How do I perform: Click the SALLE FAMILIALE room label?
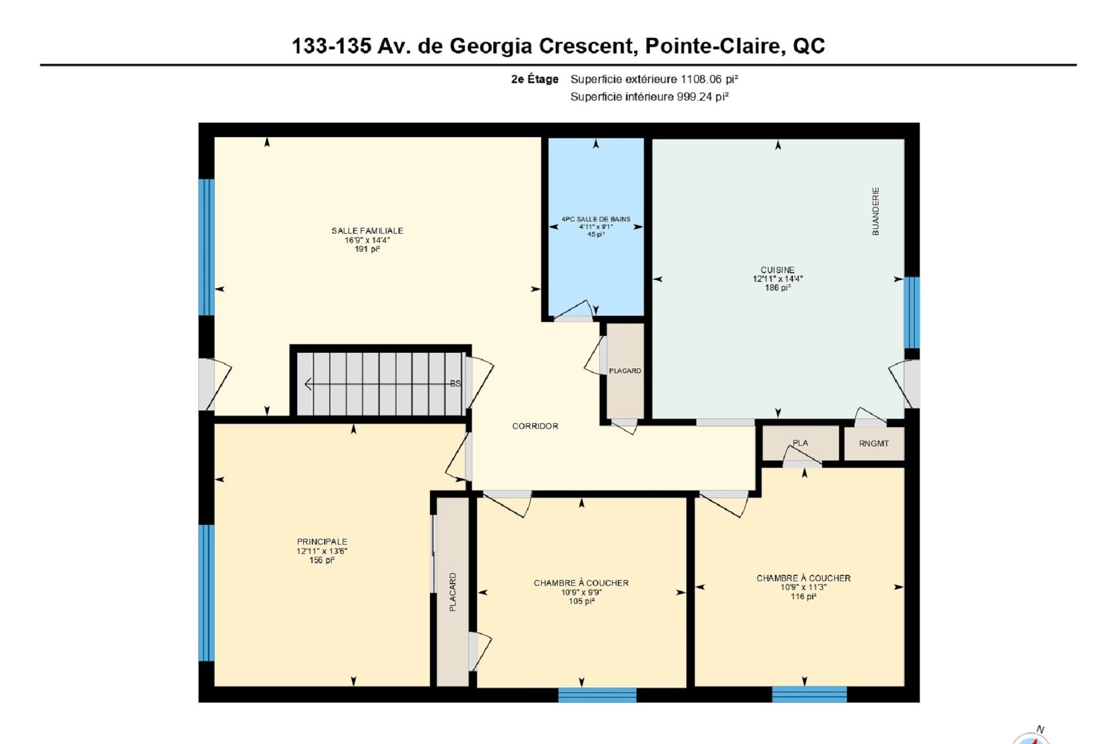367,231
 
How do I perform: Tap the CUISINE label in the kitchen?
778,270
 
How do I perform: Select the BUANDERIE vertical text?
876,211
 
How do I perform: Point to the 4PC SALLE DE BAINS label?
596,219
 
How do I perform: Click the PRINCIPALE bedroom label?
322,542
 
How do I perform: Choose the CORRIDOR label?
535,426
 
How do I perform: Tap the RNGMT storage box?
874,443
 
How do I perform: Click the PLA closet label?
801,443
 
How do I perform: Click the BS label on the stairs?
456,384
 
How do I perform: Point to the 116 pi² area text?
803,596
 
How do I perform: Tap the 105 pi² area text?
582,601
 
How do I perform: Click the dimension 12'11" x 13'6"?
322,551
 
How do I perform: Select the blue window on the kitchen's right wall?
912,313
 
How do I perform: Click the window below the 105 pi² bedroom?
597,695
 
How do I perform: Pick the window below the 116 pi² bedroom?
809,695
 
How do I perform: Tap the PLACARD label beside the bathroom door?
625,371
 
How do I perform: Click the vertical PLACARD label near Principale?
453,592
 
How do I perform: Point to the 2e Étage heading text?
535,79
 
